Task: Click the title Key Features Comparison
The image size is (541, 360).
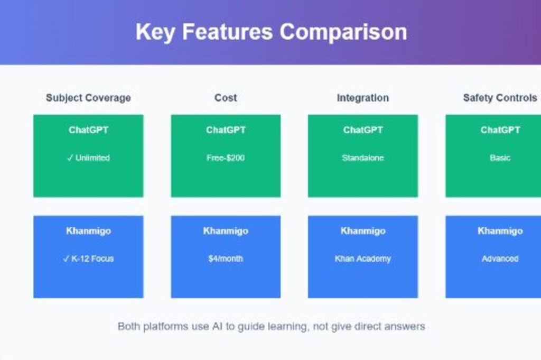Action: (271, 32)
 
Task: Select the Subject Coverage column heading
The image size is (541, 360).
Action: (88, 98)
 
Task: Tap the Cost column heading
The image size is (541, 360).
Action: (226, 98)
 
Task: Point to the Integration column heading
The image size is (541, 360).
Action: (362, 98)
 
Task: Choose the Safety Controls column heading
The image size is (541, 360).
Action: (500, 98)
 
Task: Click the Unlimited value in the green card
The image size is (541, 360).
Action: (92, 158)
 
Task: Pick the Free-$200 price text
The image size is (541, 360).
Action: (226, 158)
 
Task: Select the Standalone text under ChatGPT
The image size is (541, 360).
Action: (362, 158)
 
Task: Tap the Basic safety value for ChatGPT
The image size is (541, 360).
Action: (500, 158)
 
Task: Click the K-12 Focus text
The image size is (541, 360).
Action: (92, 259)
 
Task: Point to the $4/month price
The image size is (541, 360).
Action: (226, 259)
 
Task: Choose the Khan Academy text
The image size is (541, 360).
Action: (362, 259)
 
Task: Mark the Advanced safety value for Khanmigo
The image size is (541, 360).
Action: (500, 259)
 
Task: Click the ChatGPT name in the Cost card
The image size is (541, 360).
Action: (226, 130)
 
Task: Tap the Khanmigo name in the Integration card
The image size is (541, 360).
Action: (362, 231)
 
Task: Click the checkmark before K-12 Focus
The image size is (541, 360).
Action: (67, 259)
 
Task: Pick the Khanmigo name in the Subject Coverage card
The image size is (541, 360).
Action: (88, 231)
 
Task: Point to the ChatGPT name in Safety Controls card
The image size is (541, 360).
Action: (500, 130)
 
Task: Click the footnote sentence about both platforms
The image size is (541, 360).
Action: (271, 327)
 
